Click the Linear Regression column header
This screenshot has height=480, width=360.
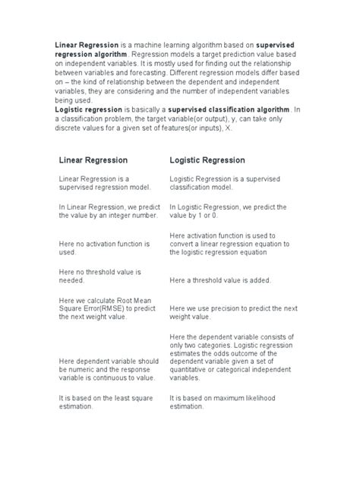tap(93, 160)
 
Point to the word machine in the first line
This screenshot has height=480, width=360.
tap(131, 46)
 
